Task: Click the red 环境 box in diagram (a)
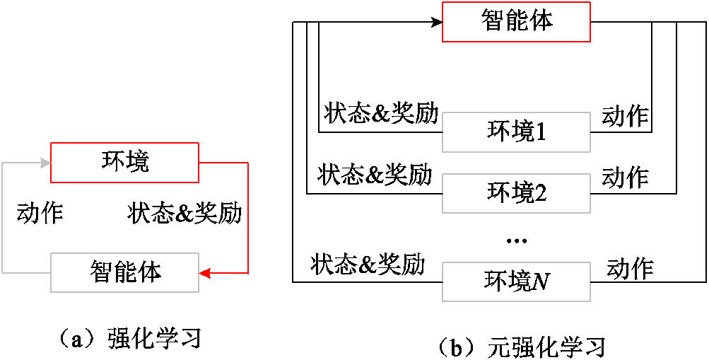pyautogui.click(x=124, y=162)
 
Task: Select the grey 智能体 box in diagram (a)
pyautogui.click(x=124, y=272)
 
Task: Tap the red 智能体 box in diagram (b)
pyautogui.click(x=516, y=21)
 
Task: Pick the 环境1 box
pyautogui.click(x=516, y=132)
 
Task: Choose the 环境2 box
pyautogui.click(x=516, y=192)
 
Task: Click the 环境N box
pyautogui.click(x=516, y=282)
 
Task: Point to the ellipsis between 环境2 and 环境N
pyautogui.click(x=517, y=241)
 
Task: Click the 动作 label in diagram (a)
pyautogui.click(x=40, y=213)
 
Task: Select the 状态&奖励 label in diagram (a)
pyautogui.click(x=185, y=213)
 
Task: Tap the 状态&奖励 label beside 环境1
pyautogui.click(x=381, y=114)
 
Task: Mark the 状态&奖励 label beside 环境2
pyautogui.click(x=375, y=175)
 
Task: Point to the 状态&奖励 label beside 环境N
pyautogui.click(x=368, y=265)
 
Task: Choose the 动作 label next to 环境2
pyautogui.click(x=625, y=177)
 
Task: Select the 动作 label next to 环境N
pyautogui.click(x=630, y=268)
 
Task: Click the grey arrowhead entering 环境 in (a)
pyautogui.click(x=45, y=163)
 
